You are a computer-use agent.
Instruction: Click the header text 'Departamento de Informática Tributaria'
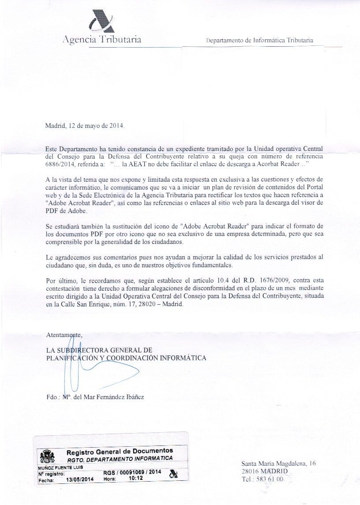[260, 40]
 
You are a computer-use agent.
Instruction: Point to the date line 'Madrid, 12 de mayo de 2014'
[85, 125]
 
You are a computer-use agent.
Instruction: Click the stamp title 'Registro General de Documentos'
[120, 451]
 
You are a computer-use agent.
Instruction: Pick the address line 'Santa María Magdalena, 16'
[279, 464]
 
